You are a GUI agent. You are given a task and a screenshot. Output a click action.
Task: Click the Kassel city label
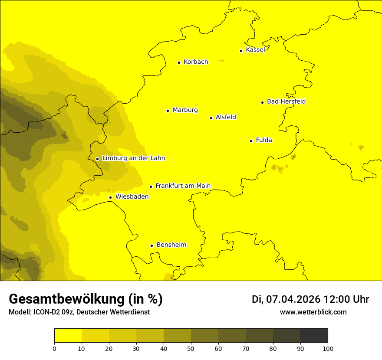[255, 50]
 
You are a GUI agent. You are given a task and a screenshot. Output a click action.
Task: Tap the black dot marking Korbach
[179, 62]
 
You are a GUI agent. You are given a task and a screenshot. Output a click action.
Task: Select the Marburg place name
[185, 110]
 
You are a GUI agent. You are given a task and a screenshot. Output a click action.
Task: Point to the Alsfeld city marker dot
[211, 118]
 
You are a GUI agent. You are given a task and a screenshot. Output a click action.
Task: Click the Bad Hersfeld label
[286, 101]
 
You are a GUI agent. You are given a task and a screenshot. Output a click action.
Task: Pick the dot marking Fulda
[251, 141]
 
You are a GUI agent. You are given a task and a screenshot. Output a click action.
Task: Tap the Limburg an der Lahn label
[133, 158]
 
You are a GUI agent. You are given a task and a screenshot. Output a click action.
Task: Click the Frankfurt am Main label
[183, 186]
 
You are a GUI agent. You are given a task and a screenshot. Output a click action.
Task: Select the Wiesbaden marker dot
[111, 197]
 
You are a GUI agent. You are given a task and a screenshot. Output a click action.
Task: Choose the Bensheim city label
[171, 245]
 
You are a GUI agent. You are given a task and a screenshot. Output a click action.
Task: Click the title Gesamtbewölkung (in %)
[86, 299]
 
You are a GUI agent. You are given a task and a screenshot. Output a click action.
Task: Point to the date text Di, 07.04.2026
[286, 299]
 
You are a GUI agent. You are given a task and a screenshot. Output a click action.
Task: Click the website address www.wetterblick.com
[313, 312]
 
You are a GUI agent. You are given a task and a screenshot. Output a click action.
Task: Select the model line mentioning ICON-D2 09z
[79, 312]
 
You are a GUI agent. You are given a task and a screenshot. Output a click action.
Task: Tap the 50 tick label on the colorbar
[191, 348]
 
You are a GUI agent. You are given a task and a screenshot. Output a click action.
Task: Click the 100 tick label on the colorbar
[328, 348]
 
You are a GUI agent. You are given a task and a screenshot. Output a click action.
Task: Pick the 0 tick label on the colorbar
[54, 348]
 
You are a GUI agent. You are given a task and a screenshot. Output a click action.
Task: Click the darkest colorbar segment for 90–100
[314, 336]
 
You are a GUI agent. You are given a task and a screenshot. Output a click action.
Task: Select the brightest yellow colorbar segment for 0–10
[68, 336]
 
